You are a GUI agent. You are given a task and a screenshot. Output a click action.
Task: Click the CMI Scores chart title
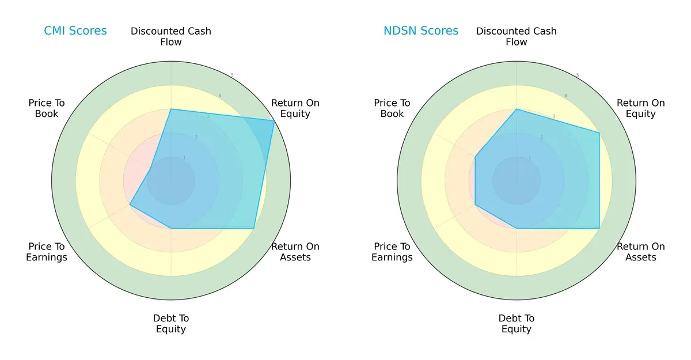tap(75, 31)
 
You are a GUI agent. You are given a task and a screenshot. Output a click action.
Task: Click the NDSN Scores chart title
tap(421, 31)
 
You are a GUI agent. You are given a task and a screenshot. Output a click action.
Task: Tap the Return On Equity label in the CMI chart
tap(295, 108)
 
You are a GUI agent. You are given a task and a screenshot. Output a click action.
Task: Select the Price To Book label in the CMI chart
tap(47, 108)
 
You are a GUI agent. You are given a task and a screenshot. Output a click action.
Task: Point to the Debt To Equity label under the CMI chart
tap(171, 324)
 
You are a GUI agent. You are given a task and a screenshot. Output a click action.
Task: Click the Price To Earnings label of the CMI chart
tap(47, 252)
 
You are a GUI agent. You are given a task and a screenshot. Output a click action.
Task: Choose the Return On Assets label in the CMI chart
tap(295, 252)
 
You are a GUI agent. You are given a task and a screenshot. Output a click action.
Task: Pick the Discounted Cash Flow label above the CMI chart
tap(171, 36)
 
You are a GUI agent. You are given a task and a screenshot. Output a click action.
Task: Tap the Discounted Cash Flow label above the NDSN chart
tap(517, 36)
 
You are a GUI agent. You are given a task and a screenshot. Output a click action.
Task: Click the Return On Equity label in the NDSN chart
tap(641, 108)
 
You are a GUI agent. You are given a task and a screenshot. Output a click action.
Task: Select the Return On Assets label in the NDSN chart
tap(641, 252)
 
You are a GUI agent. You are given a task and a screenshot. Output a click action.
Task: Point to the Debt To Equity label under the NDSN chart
tap(517, 324)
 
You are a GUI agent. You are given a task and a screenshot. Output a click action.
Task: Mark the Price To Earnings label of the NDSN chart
tap(392, 252)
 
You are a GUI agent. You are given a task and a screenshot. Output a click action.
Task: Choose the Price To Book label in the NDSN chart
tap(392, 108)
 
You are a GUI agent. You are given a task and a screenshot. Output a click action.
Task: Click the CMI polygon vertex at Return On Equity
tap(274, 121)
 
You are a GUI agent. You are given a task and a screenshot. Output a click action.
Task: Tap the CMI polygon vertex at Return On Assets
tap(254, 228)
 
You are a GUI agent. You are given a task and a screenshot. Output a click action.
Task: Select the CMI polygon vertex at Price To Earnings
tap(130, 204)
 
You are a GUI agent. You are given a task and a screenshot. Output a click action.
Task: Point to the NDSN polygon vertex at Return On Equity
tap(599, 133)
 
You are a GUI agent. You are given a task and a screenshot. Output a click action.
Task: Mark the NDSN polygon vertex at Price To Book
tap(476, 157)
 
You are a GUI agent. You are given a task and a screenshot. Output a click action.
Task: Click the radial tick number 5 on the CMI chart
tap(232, 75)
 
